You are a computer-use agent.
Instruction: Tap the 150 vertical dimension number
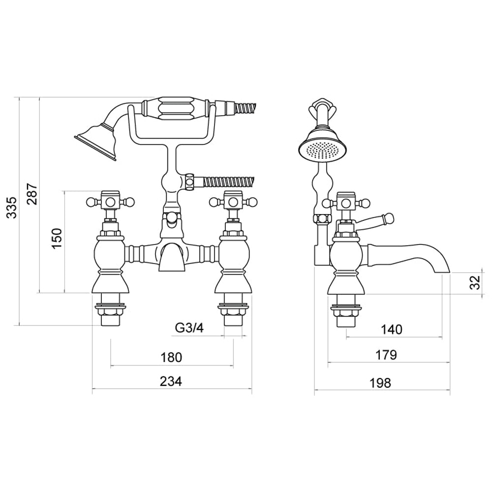click(x=57, y=238)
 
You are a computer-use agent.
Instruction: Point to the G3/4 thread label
click(x=189, y=328)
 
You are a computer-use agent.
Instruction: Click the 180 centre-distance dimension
click(x=171, y=357)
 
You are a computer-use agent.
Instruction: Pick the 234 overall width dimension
click(x=171, y=381)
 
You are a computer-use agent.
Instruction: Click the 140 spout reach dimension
click(x=392, y=329)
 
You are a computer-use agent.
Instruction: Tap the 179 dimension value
click(x=387, y=355)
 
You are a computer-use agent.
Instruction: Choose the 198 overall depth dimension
click(x=381, y=382)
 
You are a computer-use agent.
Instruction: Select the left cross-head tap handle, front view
click(x=110, y=201)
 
